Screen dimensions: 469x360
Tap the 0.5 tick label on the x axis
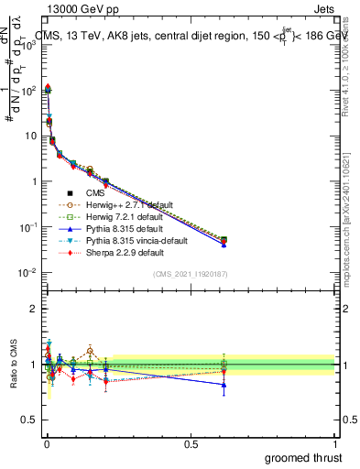[191, 443]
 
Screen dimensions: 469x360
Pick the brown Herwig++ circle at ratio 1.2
[91, 350]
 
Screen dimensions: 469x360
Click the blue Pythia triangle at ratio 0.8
[223, 385]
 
